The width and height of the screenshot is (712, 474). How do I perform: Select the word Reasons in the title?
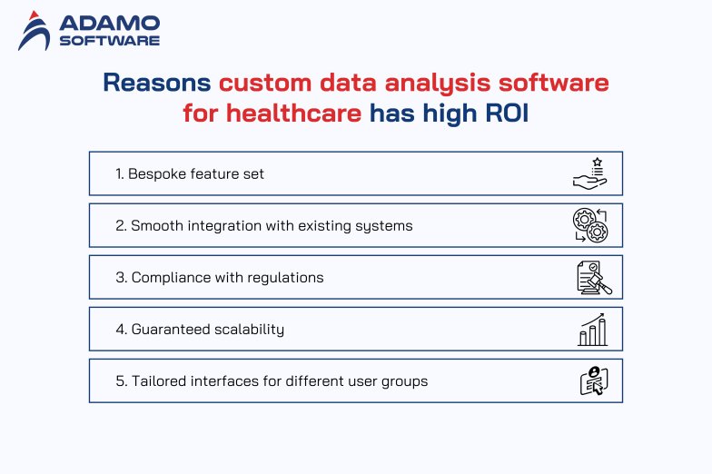coord(157,84)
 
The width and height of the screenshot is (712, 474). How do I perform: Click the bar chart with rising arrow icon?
coord(592,329)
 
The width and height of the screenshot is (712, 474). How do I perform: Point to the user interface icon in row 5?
coord(593,380)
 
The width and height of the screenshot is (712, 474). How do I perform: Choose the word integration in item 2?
coord(218,225)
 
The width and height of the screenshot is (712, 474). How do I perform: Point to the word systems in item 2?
coord(384,225)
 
